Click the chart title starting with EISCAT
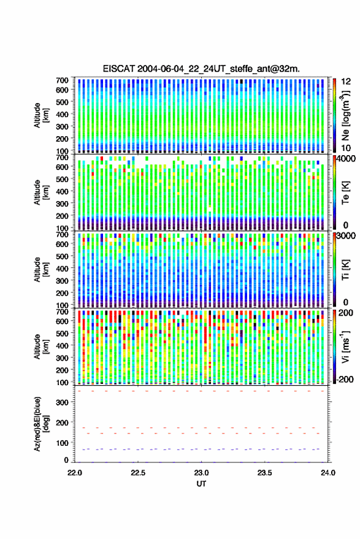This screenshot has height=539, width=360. (201, 69)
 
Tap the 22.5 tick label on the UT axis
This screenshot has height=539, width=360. (138, 473)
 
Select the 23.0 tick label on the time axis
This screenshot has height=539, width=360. (201, 473)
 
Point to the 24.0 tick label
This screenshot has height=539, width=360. (327, 473)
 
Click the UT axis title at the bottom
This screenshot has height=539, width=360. (201, 484)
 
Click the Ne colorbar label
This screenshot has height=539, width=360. (345, 115)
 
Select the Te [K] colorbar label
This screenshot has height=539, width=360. (345, 193)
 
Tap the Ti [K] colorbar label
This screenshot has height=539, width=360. (345, 270)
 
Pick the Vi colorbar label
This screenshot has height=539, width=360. (345, 346)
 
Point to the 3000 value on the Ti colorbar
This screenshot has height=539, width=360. (346, 236)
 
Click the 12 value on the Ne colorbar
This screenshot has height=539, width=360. (346, 82)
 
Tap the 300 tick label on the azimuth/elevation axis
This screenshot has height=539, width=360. (62, 402)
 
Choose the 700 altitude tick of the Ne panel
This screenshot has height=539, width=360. (62, 80)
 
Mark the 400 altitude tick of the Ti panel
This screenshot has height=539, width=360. (62, 269)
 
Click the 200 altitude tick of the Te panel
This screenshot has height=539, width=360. (62, 216)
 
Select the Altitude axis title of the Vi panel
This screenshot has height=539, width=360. (41, 346)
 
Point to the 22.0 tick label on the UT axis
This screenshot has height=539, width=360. (75, 473)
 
